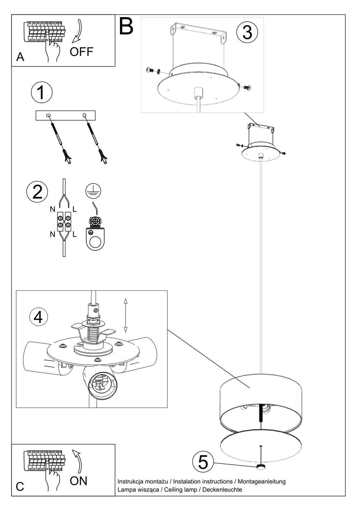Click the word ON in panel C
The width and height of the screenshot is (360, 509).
pos(79,481)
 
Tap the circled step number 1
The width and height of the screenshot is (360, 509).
pos(42,92)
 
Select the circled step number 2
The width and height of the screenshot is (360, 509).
pos(37,192)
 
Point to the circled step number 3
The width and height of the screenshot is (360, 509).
pos(247,32)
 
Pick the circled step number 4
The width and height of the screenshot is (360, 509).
pos(38,317)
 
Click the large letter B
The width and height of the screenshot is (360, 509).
pos(126,26)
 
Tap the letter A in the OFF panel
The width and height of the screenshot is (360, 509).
pos(20,57)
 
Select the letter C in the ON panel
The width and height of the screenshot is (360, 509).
pos(20,487)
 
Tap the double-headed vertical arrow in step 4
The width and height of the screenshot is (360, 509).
pos(126,315)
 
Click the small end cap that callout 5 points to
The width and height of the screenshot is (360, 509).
pos(261,467)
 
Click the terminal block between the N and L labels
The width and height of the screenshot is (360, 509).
pos(64,221)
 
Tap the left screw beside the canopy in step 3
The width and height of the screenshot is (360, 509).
pos(149,70)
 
